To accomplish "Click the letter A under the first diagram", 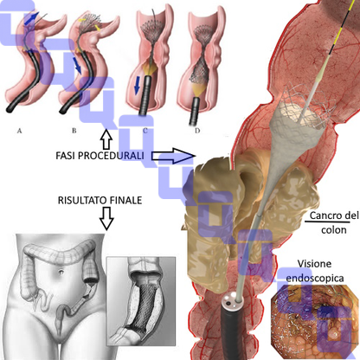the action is pos(19,131).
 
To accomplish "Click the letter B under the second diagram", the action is pos(74,131).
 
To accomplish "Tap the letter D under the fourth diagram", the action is pos(197,131).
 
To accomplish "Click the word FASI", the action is pos(66,156).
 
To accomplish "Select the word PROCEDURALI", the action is pos(111,156).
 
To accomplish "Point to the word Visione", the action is pos(314,264).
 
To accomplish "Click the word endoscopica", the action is pos(315,279).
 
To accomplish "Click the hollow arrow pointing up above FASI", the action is pos(106,138).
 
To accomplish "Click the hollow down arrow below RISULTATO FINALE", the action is pos(106,218).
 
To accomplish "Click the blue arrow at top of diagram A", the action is pos(31,18).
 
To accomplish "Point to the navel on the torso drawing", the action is pos(61,272).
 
